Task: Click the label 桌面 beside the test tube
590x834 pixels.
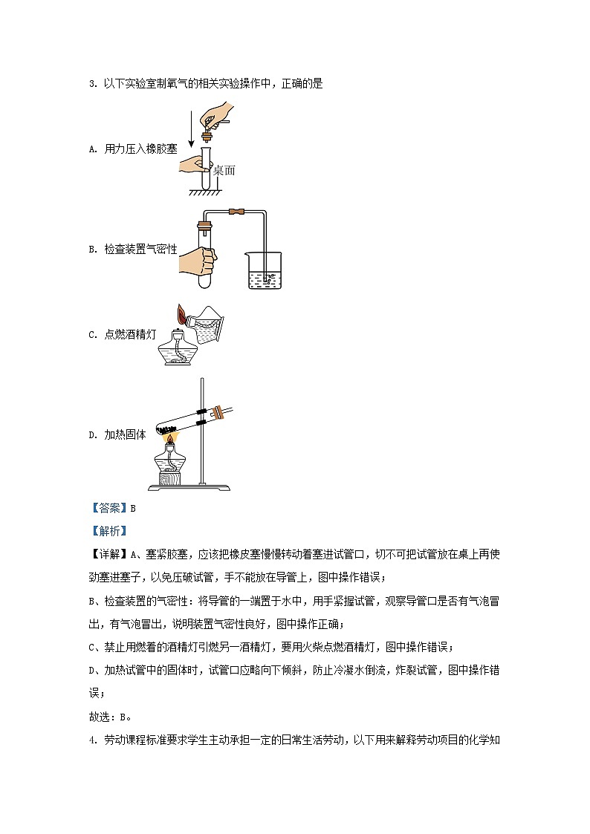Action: [x=224, y=170]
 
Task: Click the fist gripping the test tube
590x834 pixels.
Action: [x=198, y=261]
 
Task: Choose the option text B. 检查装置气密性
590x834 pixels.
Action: [x=133, y=250]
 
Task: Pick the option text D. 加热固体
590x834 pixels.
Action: [x=117, y=435]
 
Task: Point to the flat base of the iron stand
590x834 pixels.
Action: [x=189, y=487]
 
